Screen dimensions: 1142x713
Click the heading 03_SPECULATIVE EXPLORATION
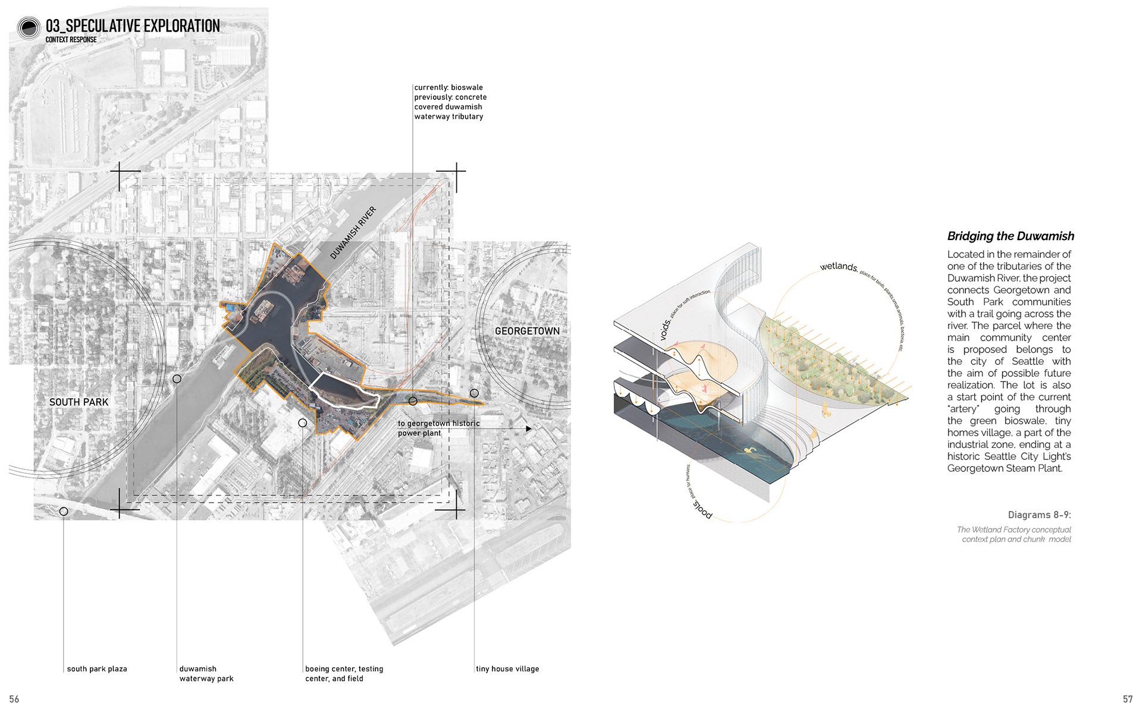click(133, 26)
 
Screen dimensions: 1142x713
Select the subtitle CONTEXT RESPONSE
click(71, 40)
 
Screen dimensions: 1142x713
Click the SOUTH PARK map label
click(79, 402)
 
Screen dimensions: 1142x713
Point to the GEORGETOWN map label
click(527, 331)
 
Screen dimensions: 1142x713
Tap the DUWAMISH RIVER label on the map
click(353, 232)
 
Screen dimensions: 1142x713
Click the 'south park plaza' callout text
click(97, 669)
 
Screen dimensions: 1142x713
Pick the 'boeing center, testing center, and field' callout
click(344, 674)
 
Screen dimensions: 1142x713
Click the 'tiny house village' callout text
click(507, 669)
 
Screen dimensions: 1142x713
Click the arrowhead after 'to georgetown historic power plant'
click(529, 428)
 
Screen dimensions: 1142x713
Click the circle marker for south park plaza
click(64, 511)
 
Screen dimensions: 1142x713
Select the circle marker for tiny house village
click(474, 393)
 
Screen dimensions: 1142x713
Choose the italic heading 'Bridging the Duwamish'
click(1011, 236)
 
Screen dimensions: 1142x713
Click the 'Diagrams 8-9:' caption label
click(1039, 515)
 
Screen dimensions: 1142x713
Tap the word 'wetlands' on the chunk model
click(838, 267)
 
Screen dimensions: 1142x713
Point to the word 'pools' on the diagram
click(702, 510)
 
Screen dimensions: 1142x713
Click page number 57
click(1127, 699)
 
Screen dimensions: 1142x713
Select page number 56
click(14, 699)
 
